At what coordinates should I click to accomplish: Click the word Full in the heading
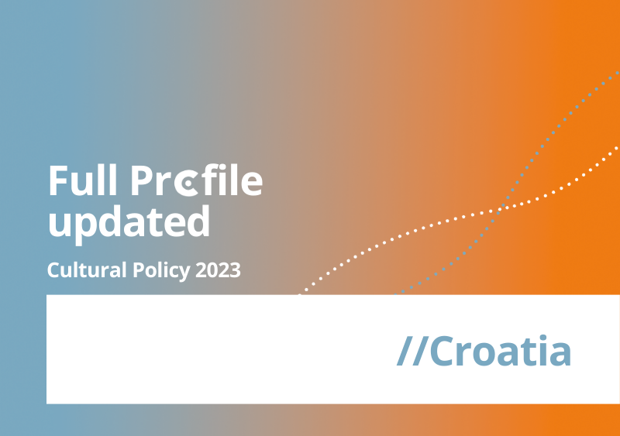(x=83, y=180)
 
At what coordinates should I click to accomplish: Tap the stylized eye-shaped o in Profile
(x=186, y=183)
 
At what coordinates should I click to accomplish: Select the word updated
(x=129, y=223)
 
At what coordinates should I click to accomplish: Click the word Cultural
(x=87, y=270)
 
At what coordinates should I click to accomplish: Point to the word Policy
(x=161, y=271)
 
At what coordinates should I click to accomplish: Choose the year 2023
(x=218, y=270)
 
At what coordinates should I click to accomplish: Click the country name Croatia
(x=500, y=351)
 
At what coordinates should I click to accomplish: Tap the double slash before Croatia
(x=412, y=351)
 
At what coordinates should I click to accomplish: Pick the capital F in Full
(x=58, y=180)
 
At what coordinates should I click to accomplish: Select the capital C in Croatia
(x=441, y=351)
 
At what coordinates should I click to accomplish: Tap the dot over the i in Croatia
(x=542, y=338)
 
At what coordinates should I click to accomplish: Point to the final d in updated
(x=198, y=221)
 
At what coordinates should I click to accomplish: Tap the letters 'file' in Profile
(x=231, y=180)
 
